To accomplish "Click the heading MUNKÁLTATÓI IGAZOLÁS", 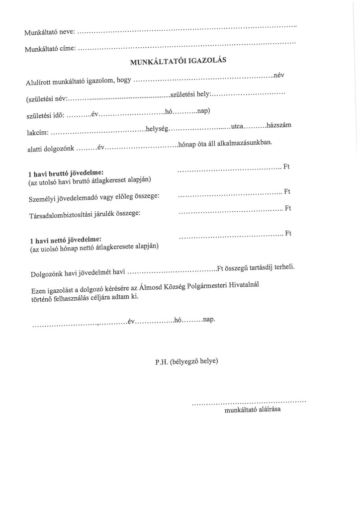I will coord(178,62).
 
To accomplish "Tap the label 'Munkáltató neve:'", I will coord(50,32).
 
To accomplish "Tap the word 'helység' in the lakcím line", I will coord(157,129).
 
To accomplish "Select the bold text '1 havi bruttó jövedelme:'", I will coord(66,173).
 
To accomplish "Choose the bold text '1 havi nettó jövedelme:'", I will coord(65,241).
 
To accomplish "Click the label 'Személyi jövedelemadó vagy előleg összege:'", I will coord(94,198).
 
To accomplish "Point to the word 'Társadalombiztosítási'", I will coord(61,214).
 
